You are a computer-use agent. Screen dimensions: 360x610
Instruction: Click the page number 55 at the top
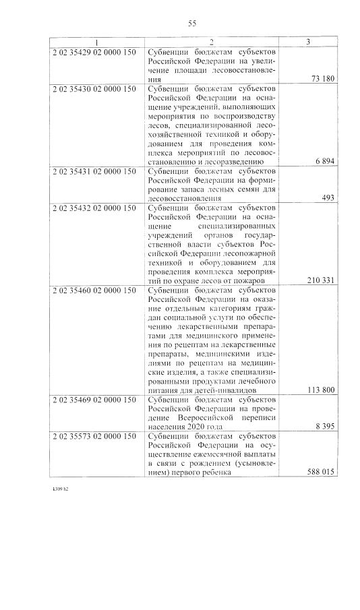click(x=192, y=24)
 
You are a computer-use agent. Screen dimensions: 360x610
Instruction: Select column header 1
click(x=96, y=42)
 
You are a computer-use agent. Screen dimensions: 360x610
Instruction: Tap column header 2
click(x=211, y=42)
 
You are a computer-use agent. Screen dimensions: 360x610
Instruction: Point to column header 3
click(x=307, y=42)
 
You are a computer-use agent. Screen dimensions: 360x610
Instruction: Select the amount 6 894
click(x=326, y=162)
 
